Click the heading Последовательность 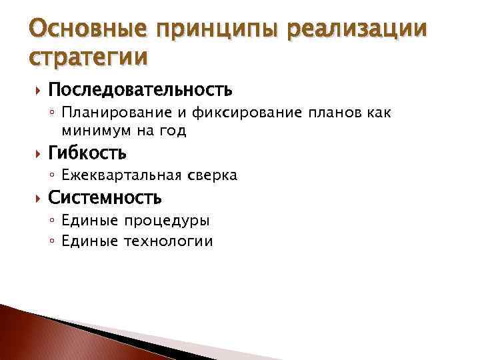(x=140, y=89)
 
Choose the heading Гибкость (x=87, y=154)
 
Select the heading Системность (x=105, y=198)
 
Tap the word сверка (x=212, y=176)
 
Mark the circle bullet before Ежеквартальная (x=52, y=176)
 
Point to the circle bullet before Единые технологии (x=52, y=241)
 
